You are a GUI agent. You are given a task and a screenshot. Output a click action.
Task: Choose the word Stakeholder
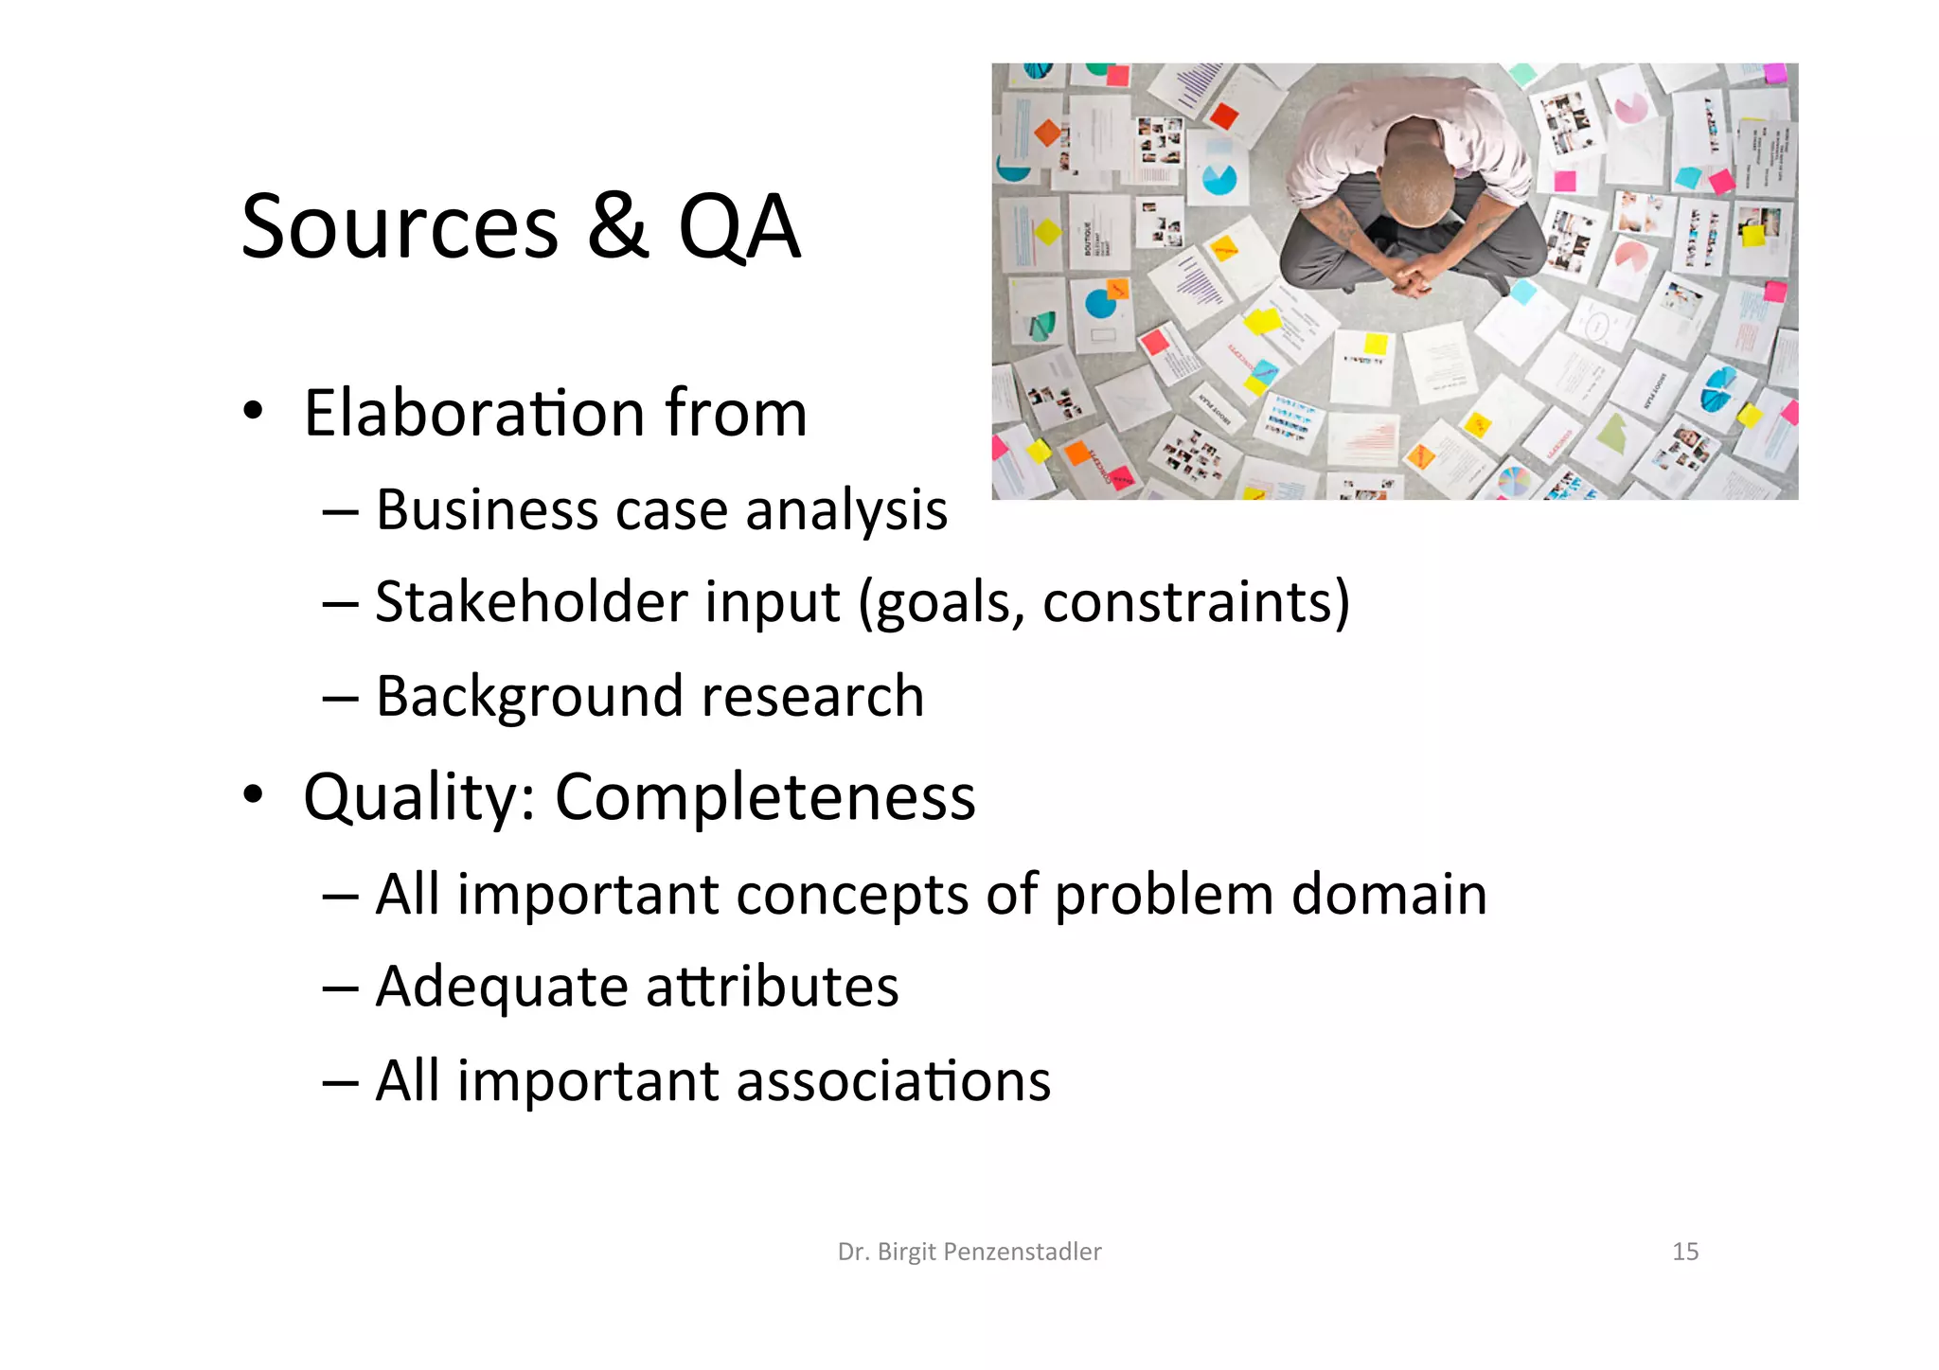click(x=530, y=602)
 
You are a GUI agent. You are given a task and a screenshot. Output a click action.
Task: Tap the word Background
click(x=528, y=697)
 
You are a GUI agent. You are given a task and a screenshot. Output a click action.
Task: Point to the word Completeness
click(x=764, y=797)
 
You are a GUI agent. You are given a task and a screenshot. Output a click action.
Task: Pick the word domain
click(x=1389, y=895)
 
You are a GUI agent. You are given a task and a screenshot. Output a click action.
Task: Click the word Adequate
click(x=501, y=987)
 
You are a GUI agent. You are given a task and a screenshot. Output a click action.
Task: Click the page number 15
click(x=1685, y=1252)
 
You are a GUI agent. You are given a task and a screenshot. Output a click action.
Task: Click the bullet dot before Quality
click(x=252, y=794)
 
